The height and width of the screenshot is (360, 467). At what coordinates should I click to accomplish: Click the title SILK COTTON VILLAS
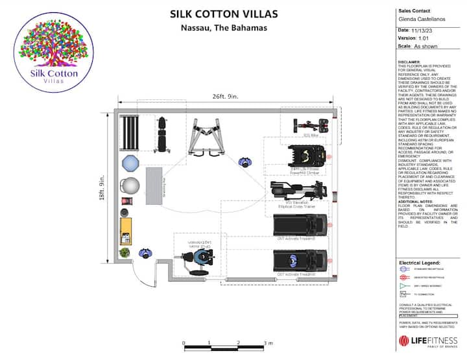[224, 14]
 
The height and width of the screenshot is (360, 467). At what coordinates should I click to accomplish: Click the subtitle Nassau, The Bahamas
[224, 28]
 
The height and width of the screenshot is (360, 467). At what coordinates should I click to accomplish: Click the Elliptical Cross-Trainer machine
[300, 192]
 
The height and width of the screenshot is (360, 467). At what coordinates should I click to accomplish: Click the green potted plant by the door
[125, 252]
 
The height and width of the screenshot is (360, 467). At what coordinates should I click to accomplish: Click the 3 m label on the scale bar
[267, 343]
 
